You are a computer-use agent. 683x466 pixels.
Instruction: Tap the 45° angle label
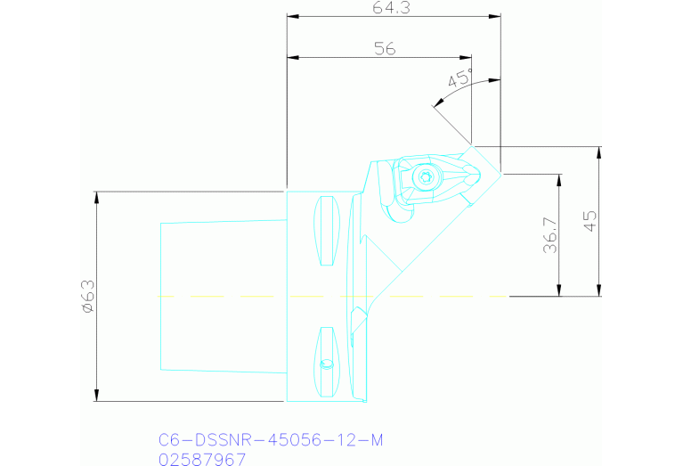(x=460, y=78)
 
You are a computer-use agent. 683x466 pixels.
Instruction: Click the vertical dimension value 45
(x=590, y=220)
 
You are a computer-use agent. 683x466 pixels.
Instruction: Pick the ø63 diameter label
(x=86, y=296)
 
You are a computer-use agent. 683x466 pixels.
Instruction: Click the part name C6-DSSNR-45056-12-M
(x=271, y=439)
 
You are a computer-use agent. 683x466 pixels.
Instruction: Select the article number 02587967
(x=201, y=458)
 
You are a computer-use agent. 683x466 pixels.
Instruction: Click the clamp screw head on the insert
(x=424, y=178)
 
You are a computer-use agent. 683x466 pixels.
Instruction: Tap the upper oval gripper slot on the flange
(x=328, y=231)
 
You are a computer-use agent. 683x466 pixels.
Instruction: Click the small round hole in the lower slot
(x=327, y=364)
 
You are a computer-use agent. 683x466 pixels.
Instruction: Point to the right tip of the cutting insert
(x=500, y=173)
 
